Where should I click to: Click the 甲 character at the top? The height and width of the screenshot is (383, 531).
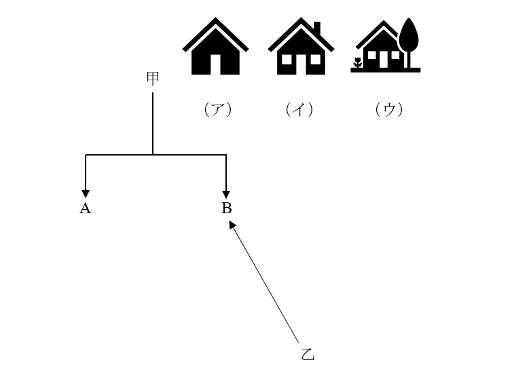point(153,78)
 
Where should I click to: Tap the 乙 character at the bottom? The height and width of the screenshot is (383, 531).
point(308,354)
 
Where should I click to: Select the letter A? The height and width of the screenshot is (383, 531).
point(86,208)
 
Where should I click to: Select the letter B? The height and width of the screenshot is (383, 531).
point(227,208)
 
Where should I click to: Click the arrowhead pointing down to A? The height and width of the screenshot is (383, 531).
point(86,194)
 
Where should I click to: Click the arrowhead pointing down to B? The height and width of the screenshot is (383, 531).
point(226,194)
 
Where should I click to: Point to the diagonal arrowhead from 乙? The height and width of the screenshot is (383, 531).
point(232,224)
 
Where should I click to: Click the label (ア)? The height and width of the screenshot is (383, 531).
point(218,109)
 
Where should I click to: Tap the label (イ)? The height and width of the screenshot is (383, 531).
point(299,109)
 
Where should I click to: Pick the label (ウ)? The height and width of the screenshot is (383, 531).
point(389,109)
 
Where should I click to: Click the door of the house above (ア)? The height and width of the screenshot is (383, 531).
point(215,65)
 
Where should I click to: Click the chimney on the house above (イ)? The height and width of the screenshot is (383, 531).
point(317,28)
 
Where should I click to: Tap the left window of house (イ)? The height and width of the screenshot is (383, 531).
point(287,59)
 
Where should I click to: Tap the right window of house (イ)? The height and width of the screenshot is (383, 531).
point(316,59)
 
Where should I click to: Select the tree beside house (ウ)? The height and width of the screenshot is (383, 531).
point(409,42)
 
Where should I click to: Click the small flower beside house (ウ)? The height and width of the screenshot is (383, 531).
point(358,62)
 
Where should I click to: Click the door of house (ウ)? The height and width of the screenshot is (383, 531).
point(384,59)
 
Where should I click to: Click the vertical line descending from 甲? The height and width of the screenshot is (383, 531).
point(153,124)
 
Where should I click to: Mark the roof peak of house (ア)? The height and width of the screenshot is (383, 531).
point(215,18)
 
